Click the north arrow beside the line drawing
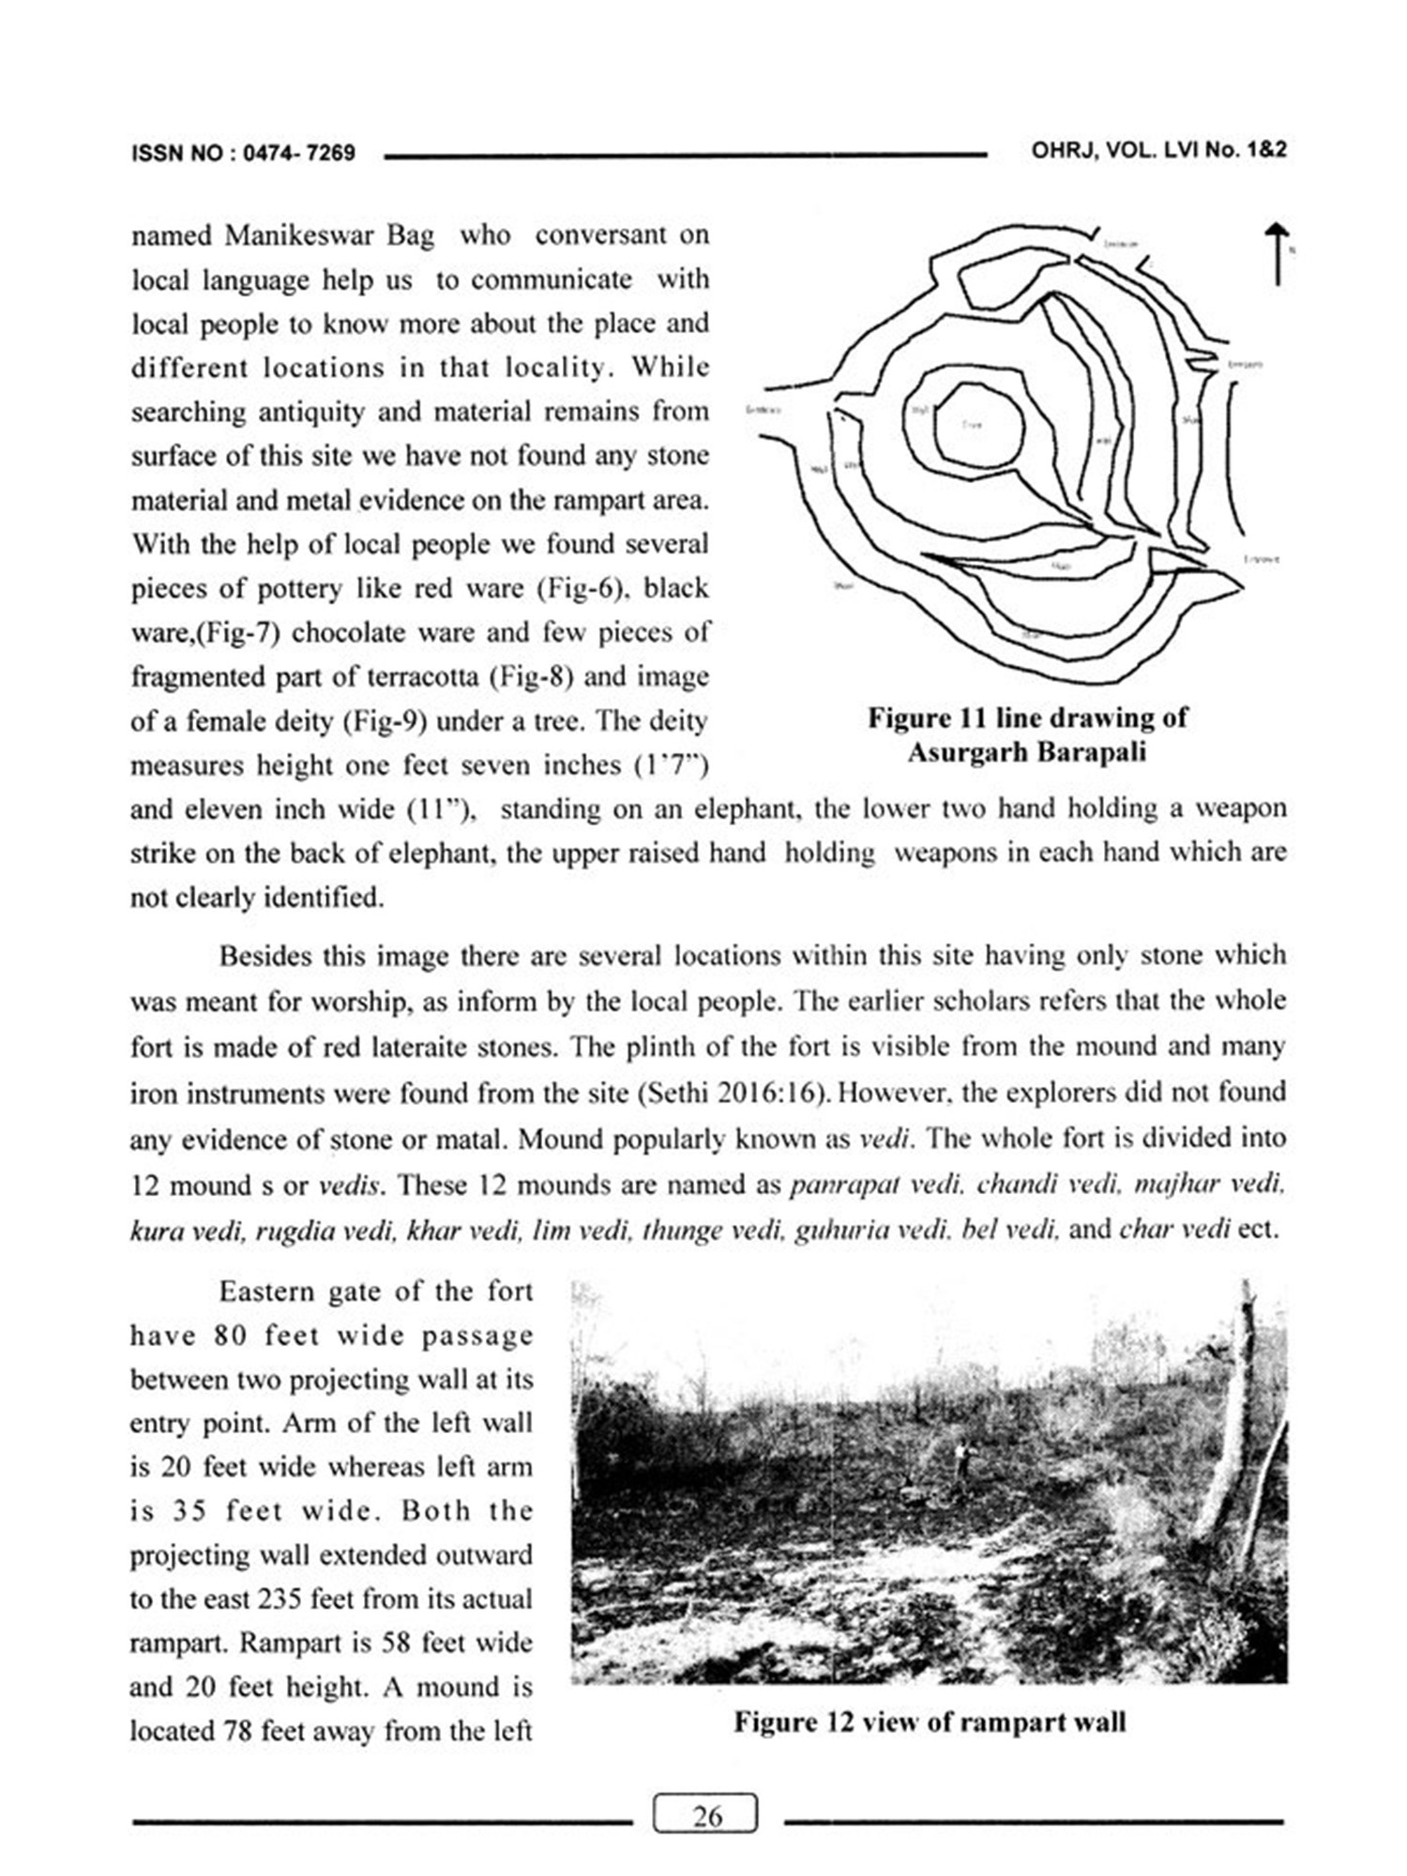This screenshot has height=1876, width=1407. [1276, 253]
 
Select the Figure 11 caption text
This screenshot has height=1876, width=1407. [1026, 735]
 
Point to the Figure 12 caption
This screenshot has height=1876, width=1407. [930, 1722]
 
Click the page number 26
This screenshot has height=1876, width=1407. [705, 1816]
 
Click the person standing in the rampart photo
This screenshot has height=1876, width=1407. [960, 1459]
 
